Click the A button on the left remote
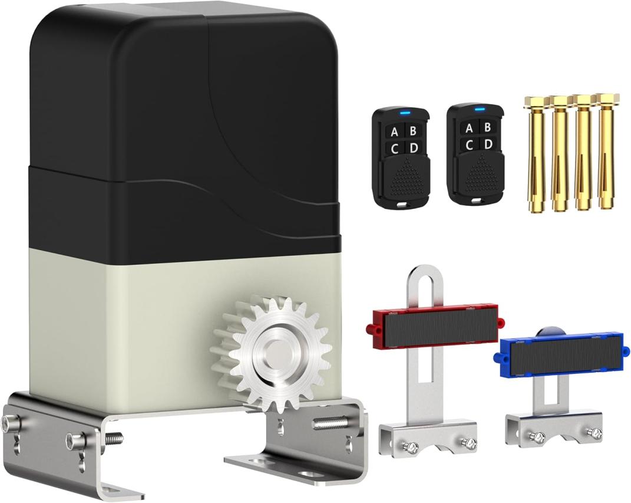(394, 131)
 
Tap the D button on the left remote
(413, 148)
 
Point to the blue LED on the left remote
(405, 113)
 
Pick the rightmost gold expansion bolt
(606, 150)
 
